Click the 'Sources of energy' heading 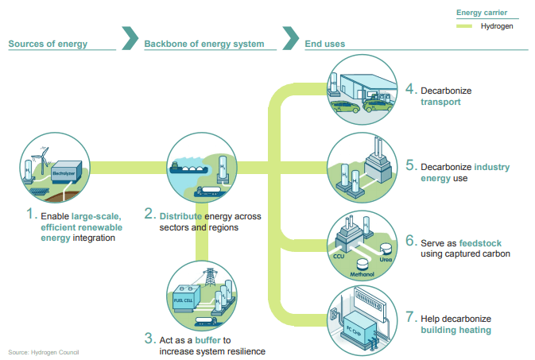pyautogui.click(x=48, y=44)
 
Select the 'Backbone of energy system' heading pyautogui.click(x=204, y=44)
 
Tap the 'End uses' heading pyautogui.click(x=324, y=44)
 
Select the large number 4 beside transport pyautogui.click(x=410, y=90)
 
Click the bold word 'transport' pyautogui.click(x=441, y=102)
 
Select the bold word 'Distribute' pyautogui.click(x=181, y=216)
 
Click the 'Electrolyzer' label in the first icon pyautogui.click(x=64, y=171)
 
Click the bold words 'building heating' pyautogui.click(x=456, y=330)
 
